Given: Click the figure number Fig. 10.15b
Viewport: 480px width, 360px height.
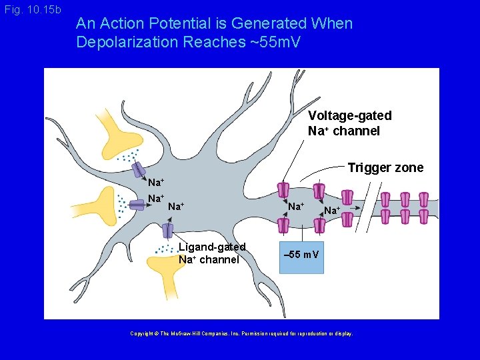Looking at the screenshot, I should [x=32, y=10].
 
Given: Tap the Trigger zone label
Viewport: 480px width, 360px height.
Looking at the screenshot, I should [x=385, y=167].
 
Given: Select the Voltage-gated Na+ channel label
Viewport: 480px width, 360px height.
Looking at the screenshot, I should [x=349, y=123].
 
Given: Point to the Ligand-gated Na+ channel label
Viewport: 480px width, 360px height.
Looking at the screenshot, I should [x=211, y=253].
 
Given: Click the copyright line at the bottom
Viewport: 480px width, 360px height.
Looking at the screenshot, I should [x=241, y=333].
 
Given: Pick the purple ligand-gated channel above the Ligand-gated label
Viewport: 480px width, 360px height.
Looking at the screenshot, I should [x=167, y=231].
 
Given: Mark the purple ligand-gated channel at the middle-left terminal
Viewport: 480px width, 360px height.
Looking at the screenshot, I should [x=137, y=205].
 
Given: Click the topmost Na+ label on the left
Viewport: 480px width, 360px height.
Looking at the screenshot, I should [x=156, y=183].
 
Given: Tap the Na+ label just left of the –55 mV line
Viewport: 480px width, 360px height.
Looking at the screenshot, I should [x=296, y=207].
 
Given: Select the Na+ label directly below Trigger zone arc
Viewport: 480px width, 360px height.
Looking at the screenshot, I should [x=332, y=211].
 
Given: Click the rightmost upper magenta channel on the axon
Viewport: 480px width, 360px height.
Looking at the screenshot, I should [x=424, y=199].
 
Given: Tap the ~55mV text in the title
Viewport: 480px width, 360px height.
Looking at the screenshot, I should [x=275, y=42].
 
